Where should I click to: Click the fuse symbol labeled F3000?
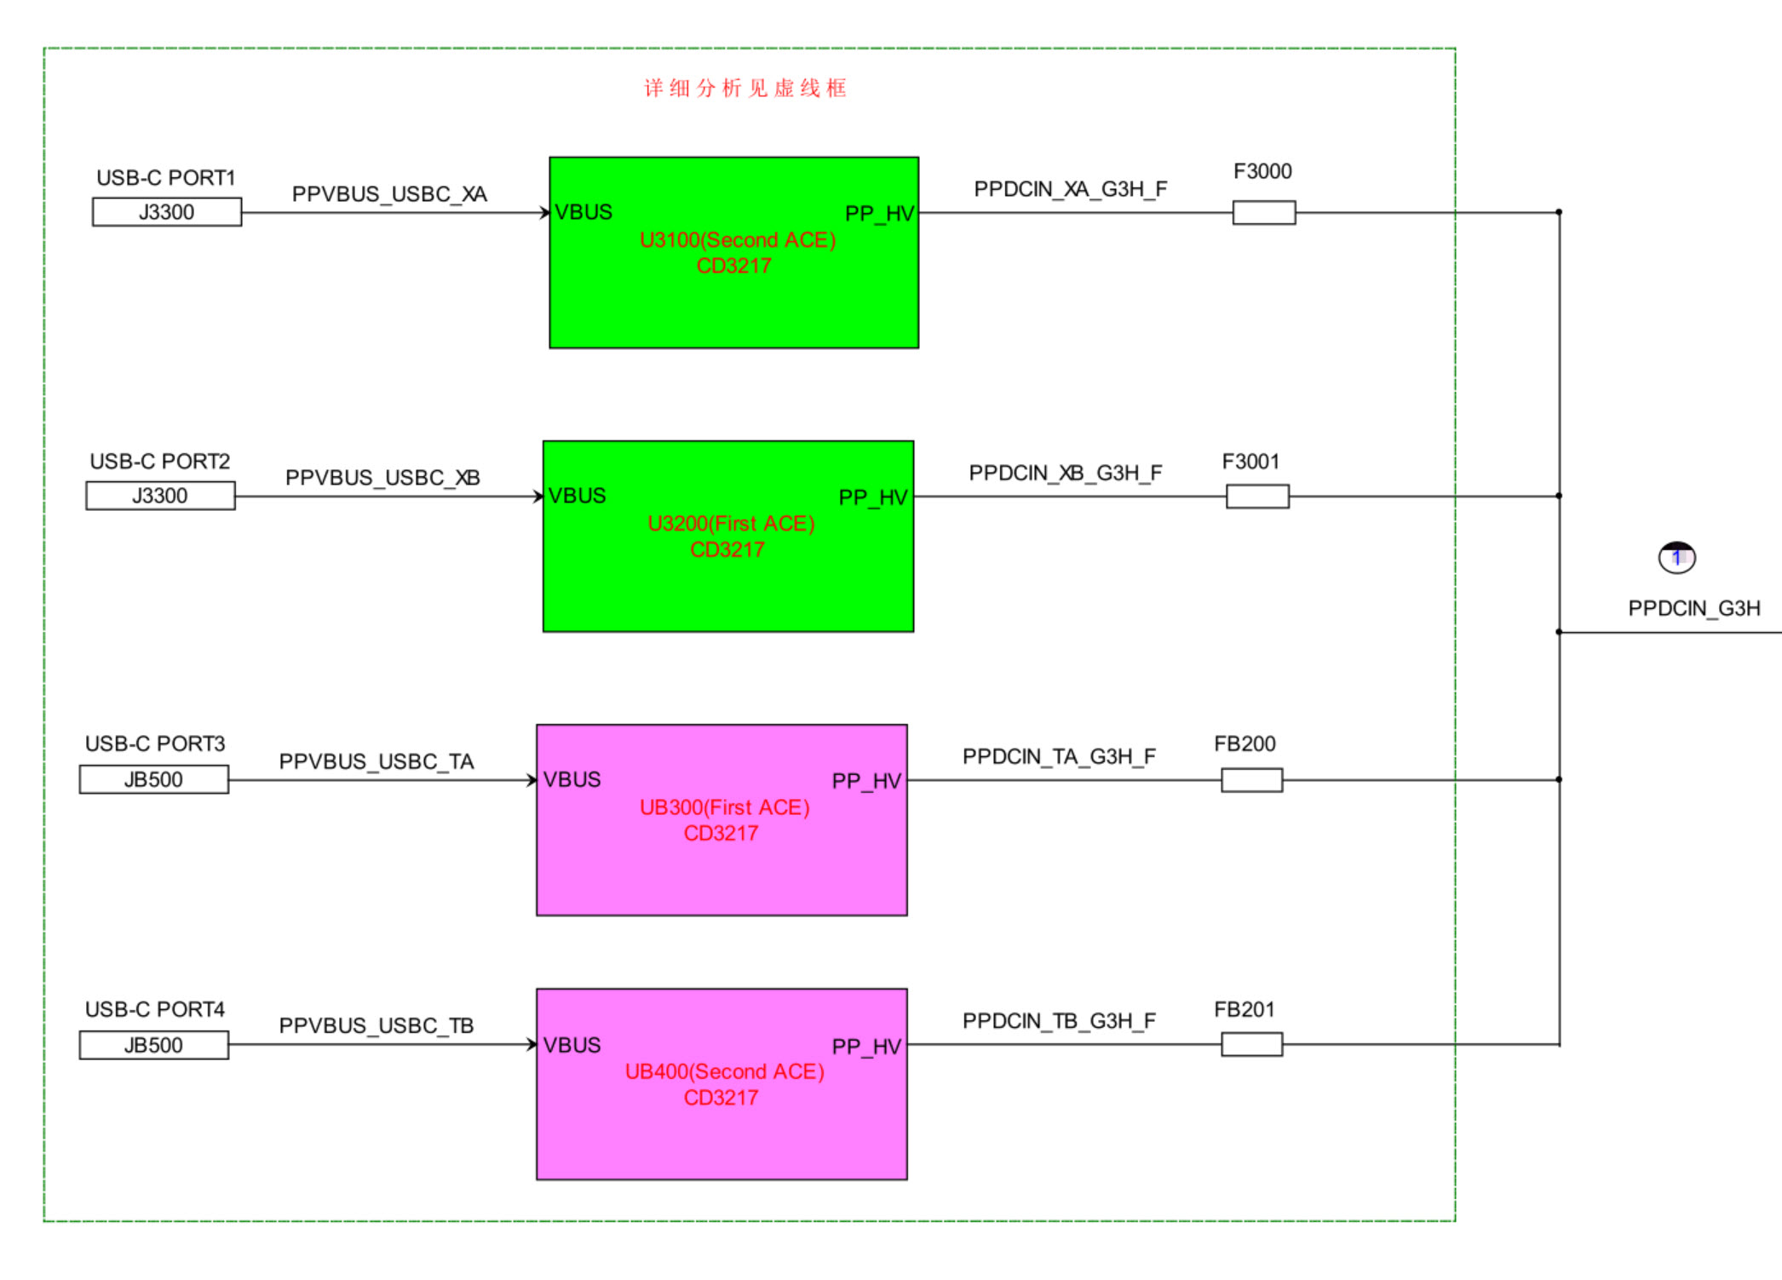(x=1264, y=213)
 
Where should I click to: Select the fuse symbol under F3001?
(x=1257, y=497)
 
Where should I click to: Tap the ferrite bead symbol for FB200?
(x=1251, y=780)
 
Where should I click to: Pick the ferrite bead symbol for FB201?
(x=1251, y=1044)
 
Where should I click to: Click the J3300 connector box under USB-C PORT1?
(x=167, y=212)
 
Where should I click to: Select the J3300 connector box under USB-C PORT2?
(x=160, y=496)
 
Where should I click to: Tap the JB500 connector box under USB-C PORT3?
(x=154, y=779)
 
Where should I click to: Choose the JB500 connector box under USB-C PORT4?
(x=154, y=1045)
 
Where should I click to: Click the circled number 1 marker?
(x=1677, y=558)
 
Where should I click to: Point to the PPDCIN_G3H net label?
(x=1693, y=608)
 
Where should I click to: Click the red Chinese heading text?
(x=745, y=88)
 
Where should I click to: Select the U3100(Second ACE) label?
(x=738, y=240)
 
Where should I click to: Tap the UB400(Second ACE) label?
(x=725, y=1071)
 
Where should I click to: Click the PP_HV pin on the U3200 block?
(x=873, y=497)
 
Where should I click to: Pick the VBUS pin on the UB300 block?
(x=572, y=779)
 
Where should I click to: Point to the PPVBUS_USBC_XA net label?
(x=389, y=194)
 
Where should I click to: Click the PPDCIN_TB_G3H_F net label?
(x=1059, y=1020)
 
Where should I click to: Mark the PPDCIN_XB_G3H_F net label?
(x=1066, y=473)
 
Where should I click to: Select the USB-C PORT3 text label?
(x=155, y=743)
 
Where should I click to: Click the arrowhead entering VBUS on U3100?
(x=545, y=213)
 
